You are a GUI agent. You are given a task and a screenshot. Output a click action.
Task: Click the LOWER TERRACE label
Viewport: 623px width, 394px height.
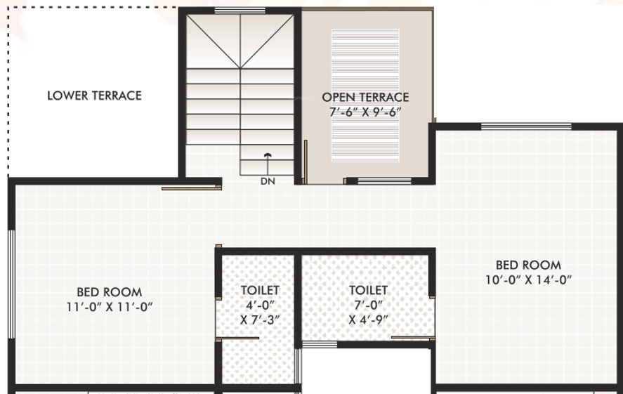click(x=94, y=96)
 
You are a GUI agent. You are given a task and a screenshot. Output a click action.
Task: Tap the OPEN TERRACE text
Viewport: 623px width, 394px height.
click(x=365, y=97)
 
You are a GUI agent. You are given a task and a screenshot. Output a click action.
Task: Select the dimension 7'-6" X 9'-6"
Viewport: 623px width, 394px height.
click(x=365, y=112)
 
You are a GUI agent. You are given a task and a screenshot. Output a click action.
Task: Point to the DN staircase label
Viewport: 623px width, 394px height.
click(x=267, y=181)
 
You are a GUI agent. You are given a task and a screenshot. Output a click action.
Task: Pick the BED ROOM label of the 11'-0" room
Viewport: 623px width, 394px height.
click(x=109, y=291)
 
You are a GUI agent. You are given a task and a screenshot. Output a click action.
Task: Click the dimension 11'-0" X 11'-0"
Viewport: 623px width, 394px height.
click(x=109, y=306)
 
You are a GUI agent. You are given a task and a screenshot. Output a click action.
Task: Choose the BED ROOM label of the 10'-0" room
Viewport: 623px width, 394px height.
click(x=528, y=265)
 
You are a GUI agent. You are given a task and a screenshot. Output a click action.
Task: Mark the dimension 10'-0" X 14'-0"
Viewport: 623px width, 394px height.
click(x=528, y=280)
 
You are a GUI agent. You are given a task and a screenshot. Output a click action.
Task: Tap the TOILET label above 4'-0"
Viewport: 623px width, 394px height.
click(x=260, y=290)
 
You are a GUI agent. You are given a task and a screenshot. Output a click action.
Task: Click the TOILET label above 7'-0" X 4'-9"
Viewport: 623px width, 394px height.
click(x=368, y=290)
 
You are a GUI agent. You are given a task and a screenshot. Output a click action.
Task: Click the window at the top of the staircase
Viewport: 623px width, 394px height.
click(x=230, y=11)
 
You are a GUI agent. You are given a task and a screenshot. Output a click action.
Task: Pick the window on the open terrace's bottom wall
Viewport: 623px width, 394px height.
click(x=385, y=180)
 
